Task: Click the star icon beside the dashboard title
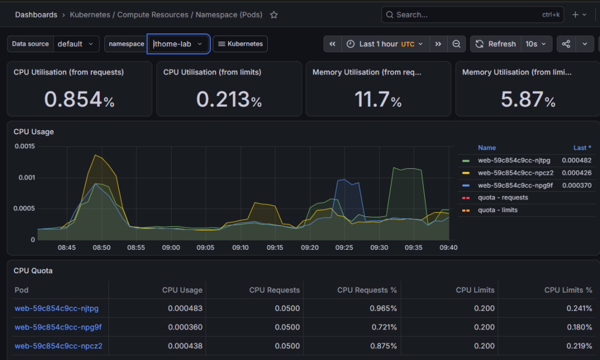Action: (x=274, y=15)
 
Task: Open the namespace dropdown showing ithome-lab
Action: (x=178, y=44)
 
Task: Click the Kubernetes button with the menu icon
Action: (x=240, y=44)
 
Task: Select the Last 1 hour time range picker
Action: (x=386, y=44)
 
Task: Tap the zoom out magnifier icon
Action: (x=456, y=44)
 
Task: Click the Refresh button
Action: (x=496, y=44)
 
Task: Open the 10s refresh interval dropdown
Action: (x=536, y=44)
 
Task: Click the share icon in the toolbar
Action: (x=566, y=44)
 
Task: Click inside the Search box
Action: (x=472, y=15)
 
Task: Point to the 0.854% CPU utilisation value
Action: (x=79, y=99)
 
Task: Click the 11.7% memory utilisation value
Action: (x=378, y=99)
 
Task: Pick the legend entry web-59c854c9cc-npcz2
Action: (x=516, y=173)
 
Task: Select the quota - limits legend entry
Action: (x=497, y=210)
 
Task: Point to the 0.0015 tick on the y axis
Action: (x=25, y=147)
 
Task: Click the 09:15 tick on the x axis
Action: (x=275, y=247)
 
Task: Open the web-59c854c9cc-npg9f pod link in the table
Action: (x=58, y=327)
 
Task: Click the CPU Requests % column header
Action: (x=367, y=290)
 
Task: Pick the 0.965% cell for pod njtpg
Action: (x=383, y=308)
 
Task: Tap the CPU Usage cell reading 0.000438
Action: (x=185, y=346)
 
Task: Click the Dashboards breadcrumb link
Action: (x=36, y=15)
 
